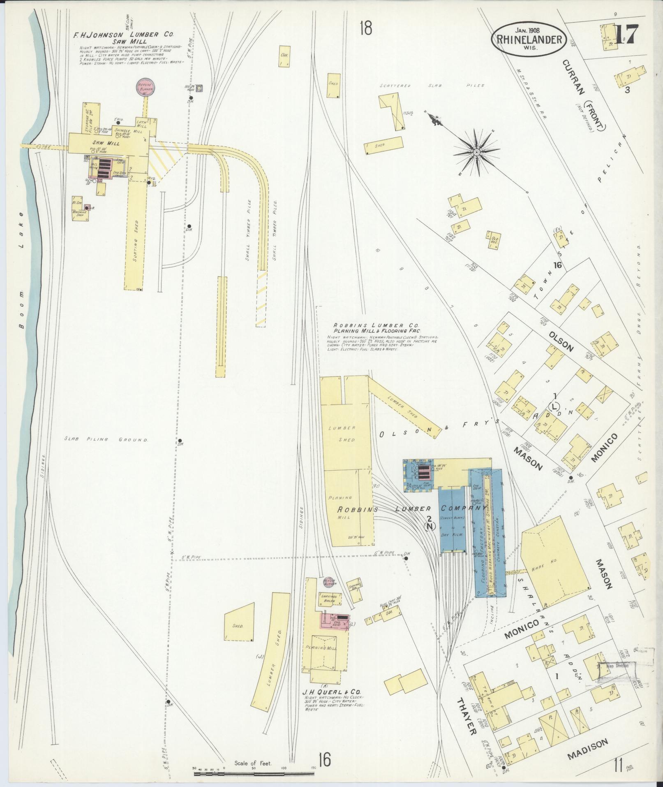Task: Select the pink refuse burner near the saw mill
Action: coord(144,88)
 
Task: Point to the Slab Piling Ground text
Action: coord(106,439)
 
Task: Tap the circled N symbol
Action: coord(430,525)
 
